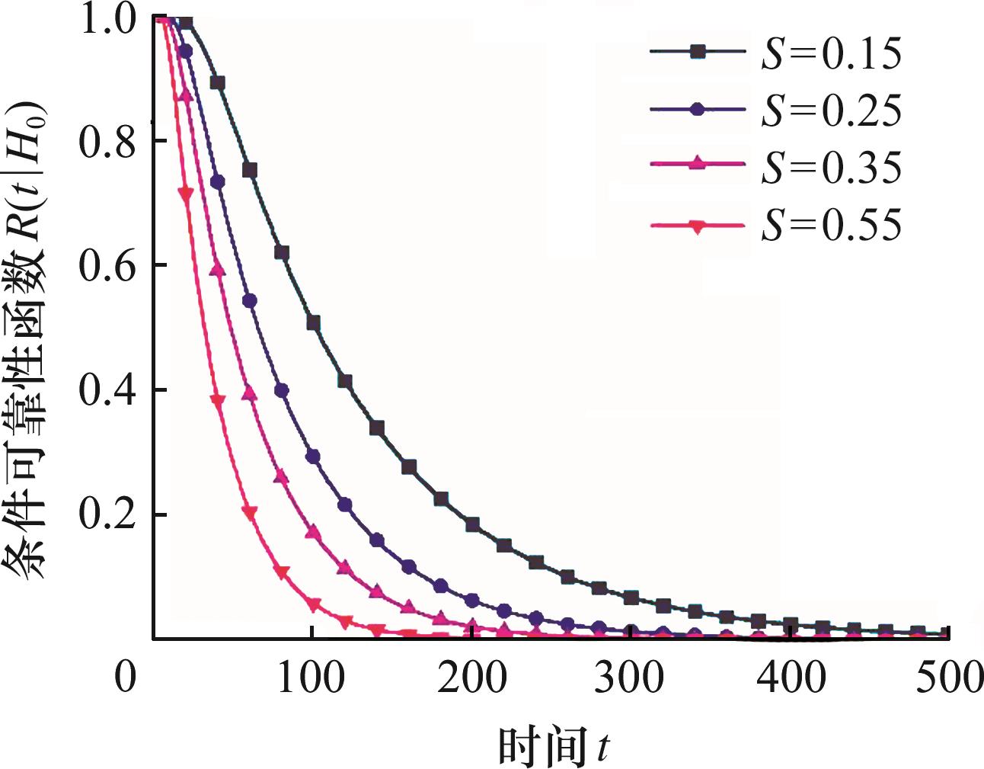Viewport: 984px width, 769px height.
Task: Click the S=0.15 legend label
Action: coord(831,53)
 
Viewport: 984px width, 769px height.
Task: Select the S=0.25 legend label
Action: coord(831,111)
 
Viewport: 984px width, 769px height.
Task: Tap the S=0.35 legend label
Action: coord(831,167)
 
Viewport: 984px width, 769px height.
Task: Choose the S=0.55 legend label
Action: coord(831,224)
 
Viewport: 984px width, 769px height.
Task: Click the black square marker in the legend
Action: coord(698,52)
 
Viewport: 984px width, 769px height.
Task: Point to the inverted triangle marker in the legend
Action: coord(698,226)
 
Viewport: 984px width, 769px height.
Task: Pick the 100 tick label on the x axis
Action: coord(311,676)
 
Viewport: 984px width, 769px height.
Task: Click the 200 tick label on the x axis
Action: coord(471,676)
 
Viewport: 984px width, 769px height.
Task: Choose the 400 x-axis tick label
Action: coord(791,676)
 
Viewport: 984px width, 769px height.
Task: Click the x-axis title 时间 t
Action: coord(554,745)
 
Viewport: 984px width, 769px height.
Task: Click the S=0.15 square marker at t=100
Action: coord(313,323)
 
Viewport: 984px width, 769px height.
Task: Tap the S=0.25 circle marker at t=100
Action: coord(313,457)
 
